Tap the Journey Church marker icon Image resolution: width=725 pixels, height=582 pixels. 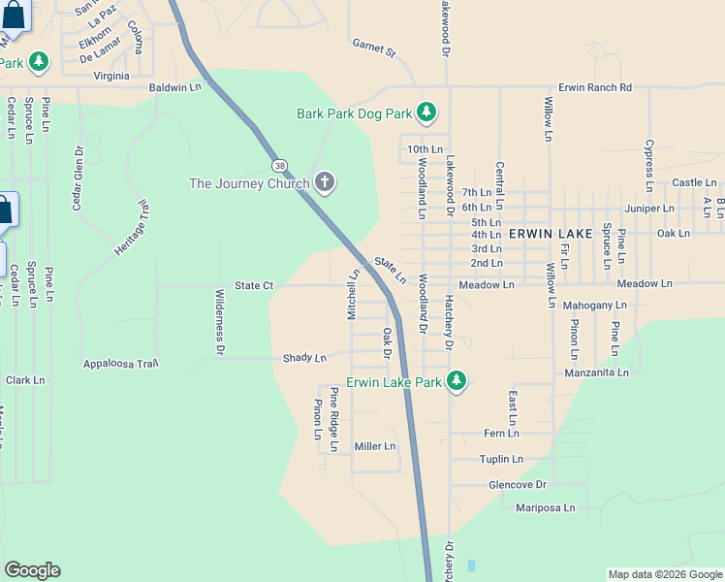point(325,182)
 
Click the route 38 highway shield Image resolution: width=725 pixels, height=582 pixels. point(279,165)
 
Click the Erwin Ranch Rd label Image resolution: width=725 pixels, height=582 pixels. point(595,88)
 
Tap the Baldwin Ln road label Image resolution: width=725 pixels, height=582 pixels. point(174,88)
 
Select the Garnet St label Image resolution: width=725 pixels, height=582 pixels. point(374,47)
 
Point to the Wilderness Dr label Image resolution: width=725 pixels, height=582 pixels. point(220,321)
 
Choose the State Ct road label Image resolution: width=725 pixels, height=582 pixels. point(255,285)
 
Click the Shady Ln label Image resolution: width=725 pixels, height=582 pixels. point(304,358)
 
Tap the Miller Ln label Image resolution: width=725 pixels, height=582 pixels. point(375,446)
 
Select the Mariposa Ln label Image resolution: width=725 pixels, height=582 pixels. point(546,507)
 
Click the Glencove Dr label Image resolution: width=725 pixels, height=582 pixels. point(518,484)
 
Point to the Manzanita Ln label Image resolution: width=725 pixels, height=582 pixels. point(597,372)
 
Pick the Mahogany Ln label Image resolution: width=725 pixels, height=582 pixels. point(595,306)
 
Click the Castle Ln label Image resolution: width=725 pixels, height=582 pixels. point(694,182)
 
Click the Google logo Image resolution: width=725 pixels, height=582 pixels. point(32,570)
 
